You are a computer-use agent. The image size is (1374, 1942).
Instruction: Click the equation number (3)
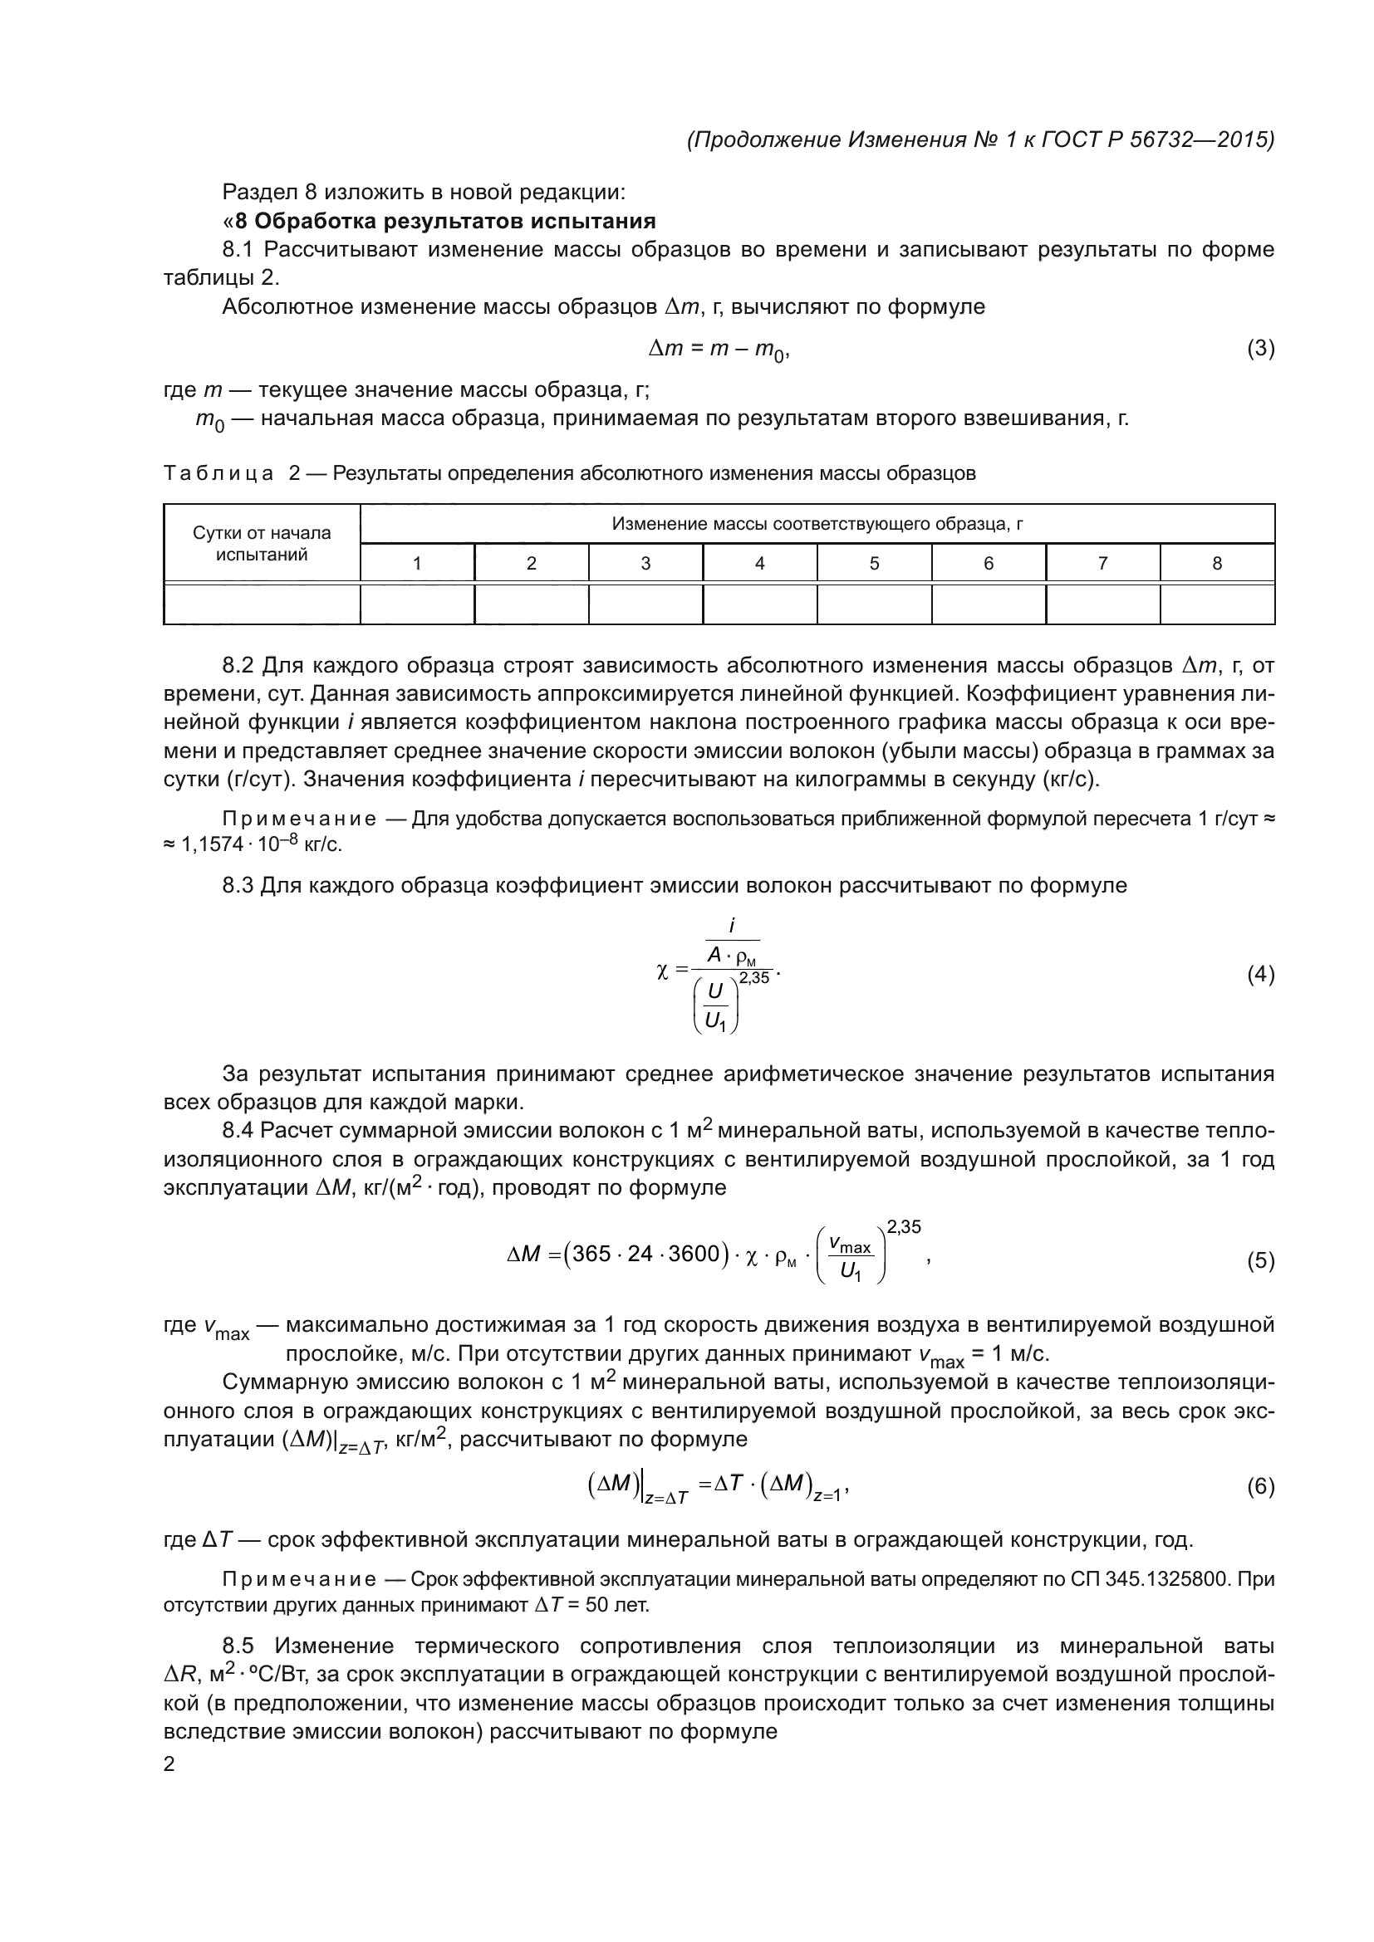click(x=1261, y=349)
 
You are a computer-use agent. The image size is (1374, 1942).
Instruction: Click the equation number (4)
click(x=1261, y=976)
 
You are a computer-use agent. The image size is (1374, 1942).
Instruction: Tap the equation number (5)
click(x=1261, y=1261)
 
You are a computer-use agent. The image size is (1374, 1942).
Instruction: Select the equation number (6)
click(x=1261, y=1486)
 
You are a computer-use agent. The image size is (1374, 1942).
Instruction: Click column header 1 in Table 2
click(x=417, y=563)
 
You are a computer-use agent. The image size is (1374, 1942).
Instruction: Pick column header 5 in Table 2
click(x=874, y=563)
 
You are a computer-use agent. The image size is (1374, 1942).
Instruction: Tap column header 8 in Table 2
click(x=1217, y=563)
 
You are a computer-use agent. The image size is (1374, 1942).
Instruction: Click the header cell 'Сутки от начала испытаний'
click(x=262, y=544)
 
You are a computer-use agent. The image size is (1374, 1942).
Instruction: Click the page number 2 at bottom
click(x=169, y=1764)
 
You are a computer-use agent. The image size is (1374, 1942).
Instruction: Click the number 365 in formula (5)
click(x=591, y=1254)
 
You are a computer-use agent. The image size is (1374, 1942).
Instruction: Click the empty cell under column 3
click(x=645, y=604)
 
